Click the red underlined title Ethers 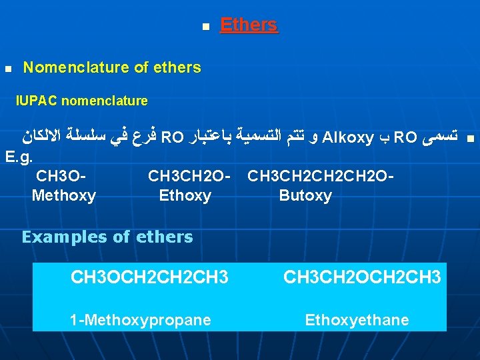(x=248, y=25)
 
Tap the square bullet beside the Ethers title (x=205, y=27)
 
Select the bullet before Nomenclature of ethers (x=7, y=69)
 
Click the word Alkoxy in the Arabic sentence (x=347, y=138)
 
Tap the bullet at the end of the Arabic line (x=470, y=139)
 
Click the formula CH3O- (x=61, y=177)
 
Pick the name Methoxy (x=63, y=195)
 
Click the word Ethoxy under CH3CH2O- (x=185, y=195)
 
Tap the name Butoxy (x=305, y=195)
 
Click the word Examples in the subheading (x=56, y=237)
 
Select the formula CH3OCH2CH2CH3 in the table (x=149, y=276)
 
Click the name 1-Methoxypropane (x=141, y=320)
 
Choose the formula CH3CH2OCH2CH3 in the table (x=362, y=276)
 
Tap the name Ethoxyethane (x=357, y=320)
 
